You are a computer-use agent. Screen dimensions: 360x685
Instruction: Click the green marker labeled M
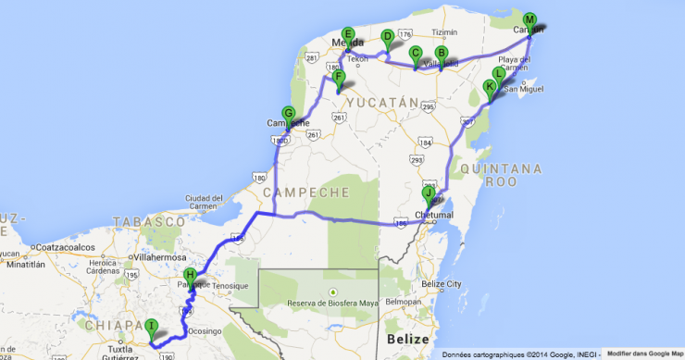pyautogui.click(x=529, y=19)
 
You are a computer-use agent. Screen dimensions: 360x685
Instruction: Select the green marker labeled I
pyautogui.click(x=151, y=326)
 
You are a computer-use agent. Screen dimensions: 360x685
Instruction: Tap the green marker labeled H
pyautogui.click(x=190, y=275)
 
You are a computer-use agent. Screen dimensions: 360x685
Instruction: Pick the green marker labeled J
pyautogui.click(x=429, y=194)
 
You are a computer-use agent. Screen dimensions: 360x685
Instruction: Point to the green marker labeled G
pyautogui.click(x=288, y=114)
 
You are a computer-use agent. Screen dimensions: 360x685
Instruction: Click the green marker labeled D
pyautogui.click(x=387, y=37)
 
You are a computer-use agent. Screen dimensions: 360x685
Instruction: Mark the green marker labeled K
pyautogui.click(x=490, y=87)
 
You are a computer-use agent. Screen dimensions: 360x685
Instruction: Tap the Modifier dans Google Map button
pyautogui.click(x=645, y=354)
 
